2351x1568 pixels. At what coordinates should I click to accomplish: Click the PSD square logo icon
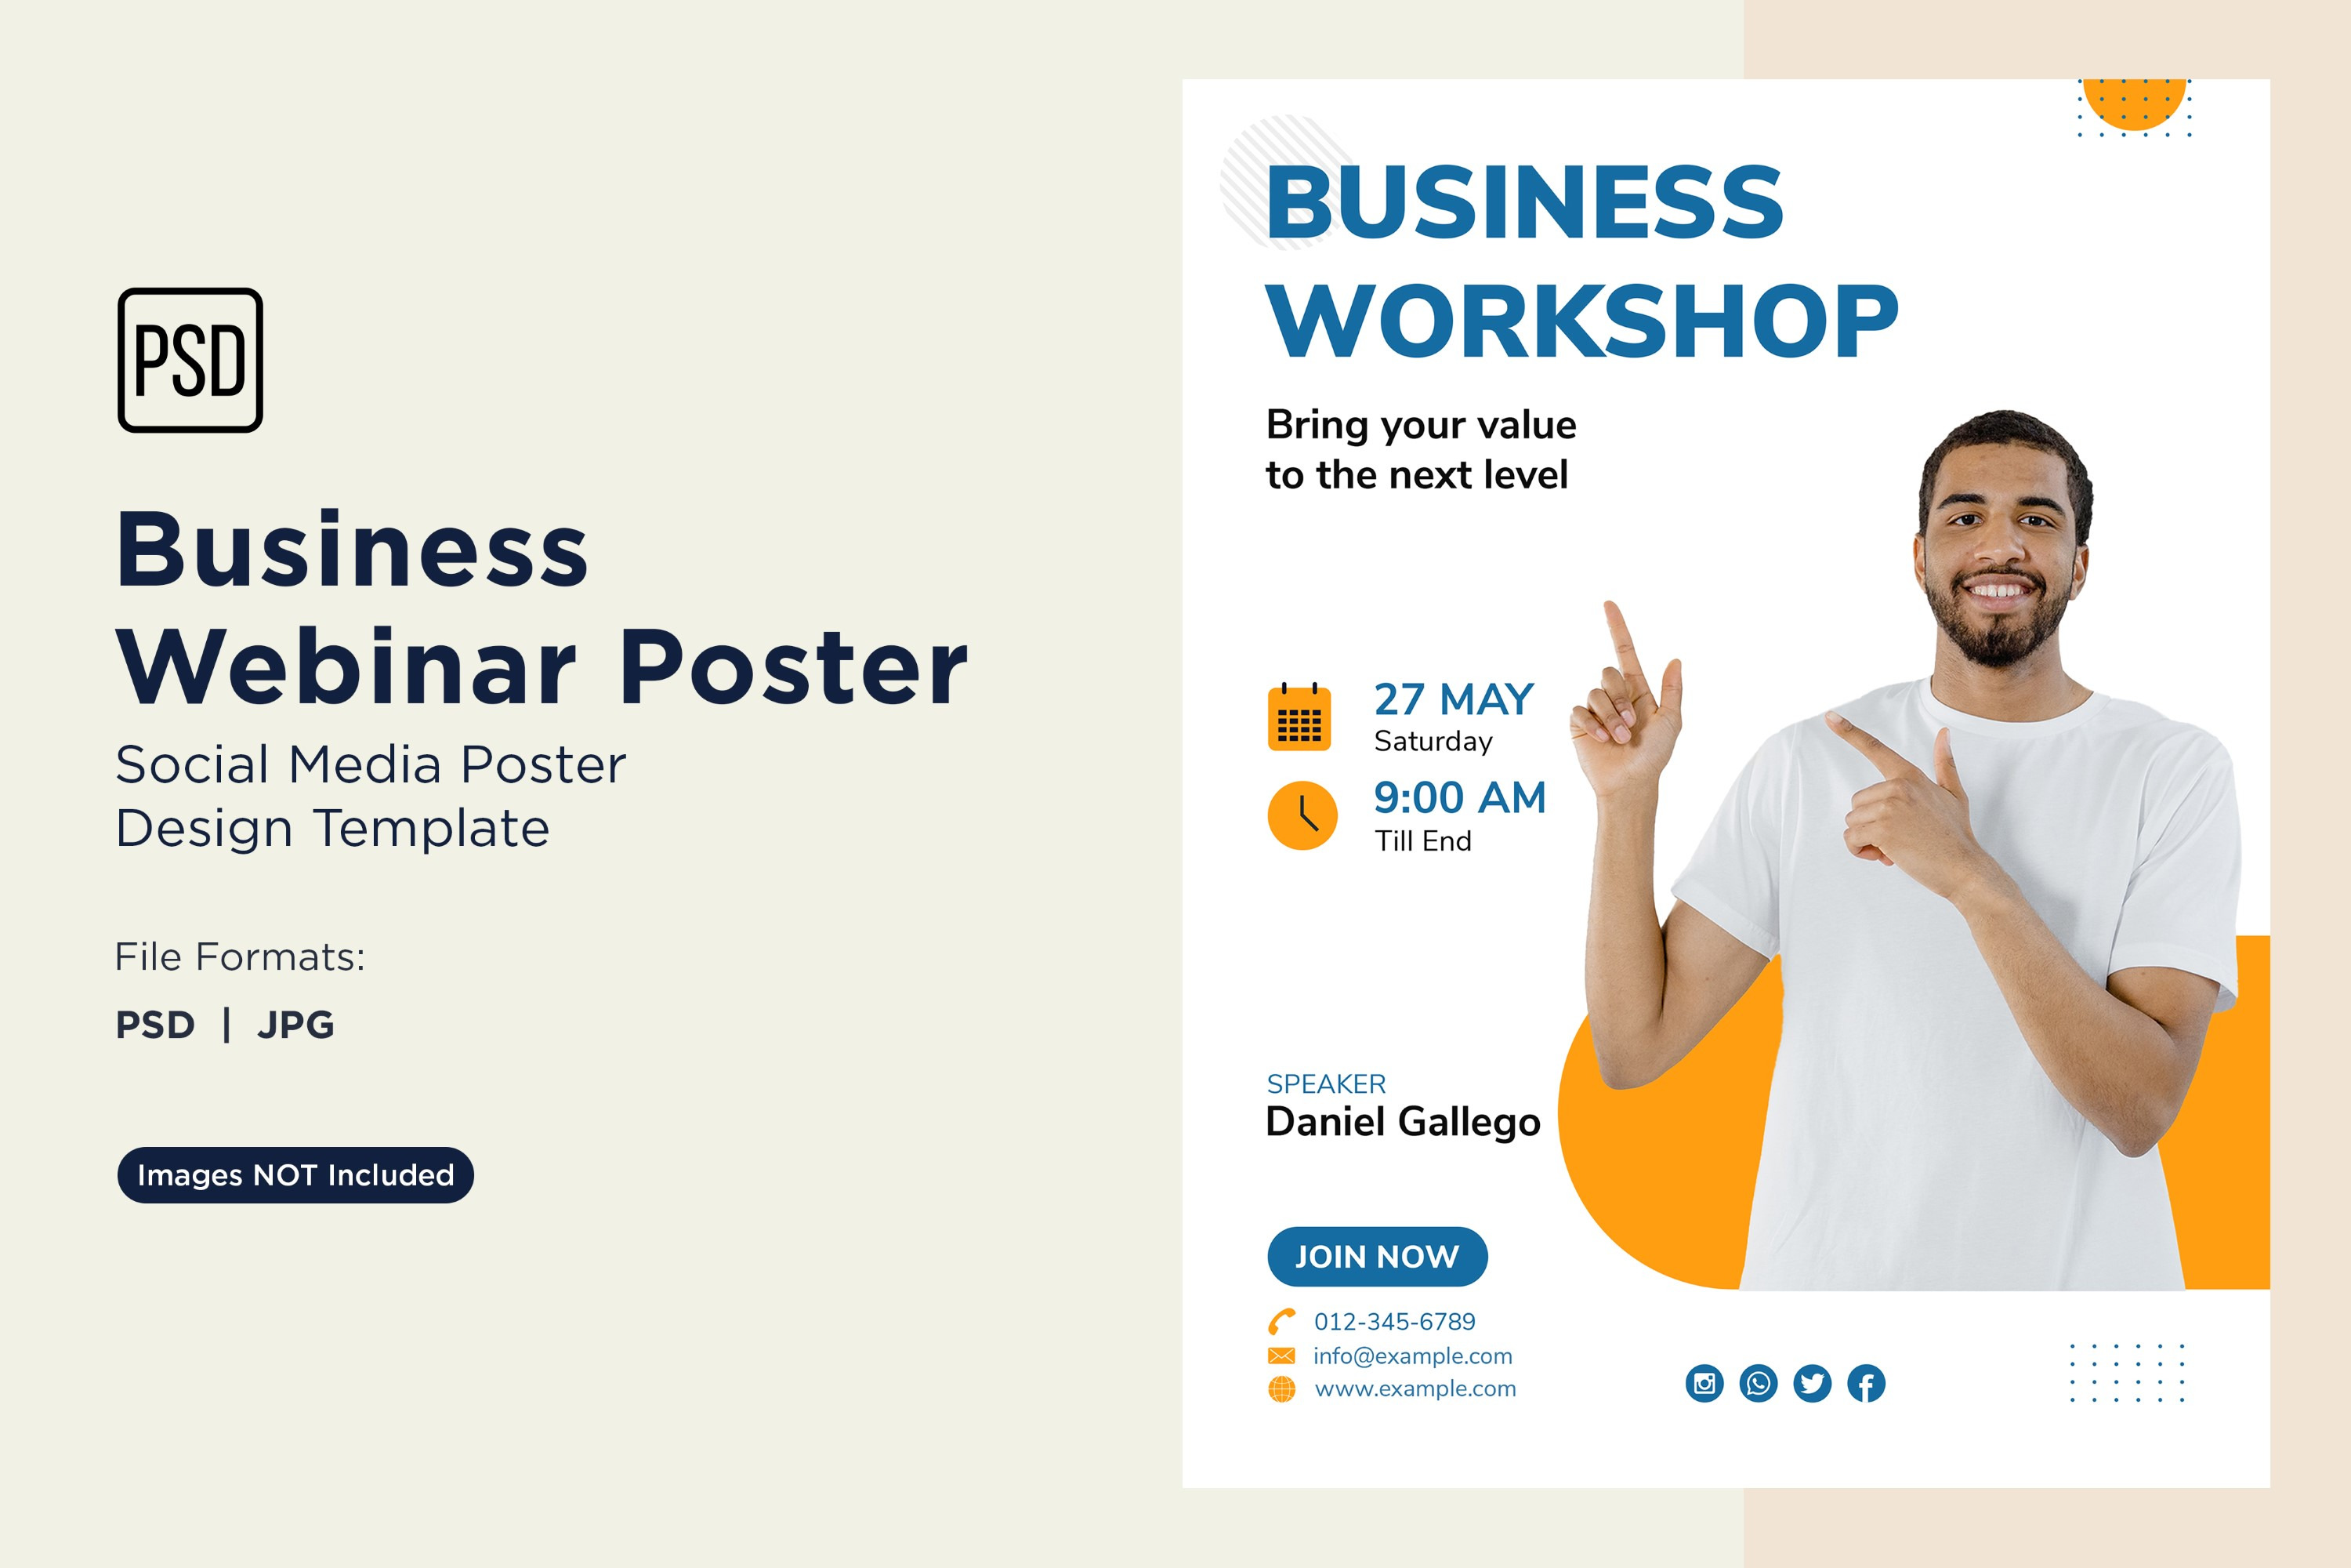(190, 360)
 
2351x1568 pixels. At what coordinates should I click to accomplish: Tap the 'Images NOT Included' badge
(296, 1175)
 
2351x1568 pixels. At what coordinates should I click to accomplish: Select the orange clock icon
(1302, 815)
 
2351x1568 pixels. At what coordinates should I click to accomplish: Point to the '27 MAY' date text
(1454, 699)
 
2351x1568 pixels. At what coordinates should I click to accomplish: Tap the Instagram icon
(1704, 1383)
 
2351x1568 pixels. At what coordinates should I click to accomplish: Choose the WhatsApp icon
(1759, 1383)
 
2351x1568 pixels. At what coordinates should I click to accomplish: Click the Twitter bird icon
(1812, 1383)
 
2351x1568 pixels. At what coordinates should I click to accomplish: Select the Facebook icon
(1866, 1383)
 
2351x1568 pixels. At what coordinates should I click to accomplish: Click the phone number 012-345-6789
(1394, 1322)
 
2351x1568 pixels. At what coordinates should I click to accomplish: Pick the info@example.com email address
(1412, 1356)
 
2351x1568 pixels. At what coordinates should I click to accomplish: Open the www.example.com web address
(1415, 1389)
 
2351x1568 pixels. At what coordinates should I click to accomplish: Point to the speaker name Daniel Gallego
(1403, 1123)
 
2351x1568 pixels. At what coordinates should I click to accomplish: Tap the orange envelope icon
(1281, 1356)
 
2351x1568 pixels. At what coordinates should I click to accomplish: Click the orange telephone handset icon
(1281, 1322)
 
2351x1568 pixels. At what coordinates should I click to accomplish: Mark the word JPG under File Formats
(296, 1025)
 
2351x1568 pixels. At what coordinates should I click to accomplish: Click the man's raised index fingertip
(1610, 605)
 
